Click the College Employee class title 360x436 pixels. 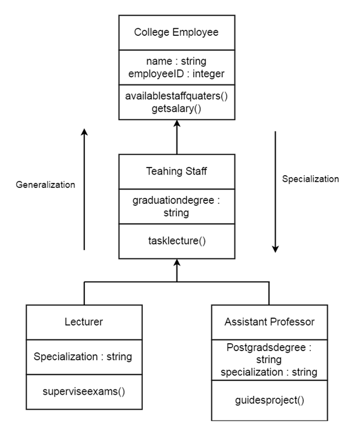[x=177, y=32]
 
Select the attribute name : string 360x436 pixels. [x=177, y=62]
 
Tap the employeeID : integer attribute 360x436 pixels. [x=177, y=74]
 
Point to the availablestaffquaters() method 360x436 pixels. [x=177, y=96]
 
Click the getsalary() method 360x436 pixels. [x=177, y=108]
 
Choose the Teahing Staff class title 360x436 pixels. [x=177, y=171]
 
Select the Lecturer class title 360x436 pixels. [x=84, y=322]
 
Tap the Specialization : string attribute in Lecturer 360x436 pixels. [x=84, y=357]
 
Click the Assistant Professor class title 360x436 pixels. [x=270, y=322]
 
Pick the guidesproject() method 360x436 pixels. [x=270, y=400]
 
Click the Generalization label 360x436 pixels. [x=45, y=185]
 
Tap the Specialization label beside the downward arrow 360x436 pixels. [x=310, y=179]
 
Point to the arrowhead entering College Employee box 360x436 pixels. [x=177, y=123]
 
